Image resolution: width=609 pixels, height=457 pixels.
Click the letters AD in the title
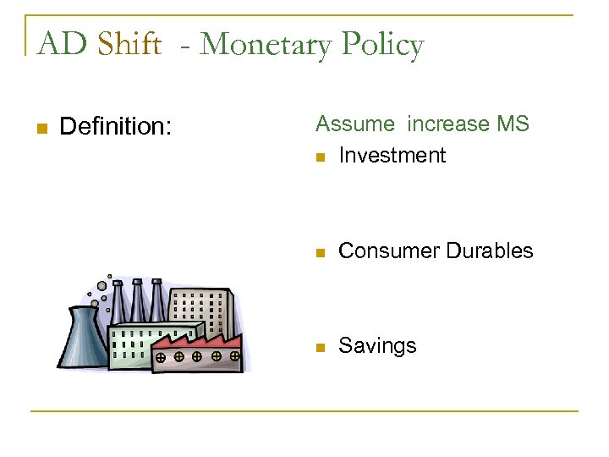[x=59, y=43]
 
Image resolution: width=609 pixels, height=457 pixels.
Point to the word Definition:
[x=116, y=128]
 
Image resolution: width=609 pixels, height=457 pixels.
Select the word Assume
[x=354, y=124]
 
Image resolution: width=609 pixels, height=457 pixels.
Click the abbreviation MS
[x=513, y=124]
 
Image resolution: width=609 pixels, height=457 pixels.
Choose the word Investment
[x=392, y=156]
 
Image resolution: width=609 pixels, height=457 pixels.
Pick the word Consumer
[x=382, y=251]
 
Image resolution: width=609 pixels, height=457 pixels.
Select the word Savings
[x=377, y=346]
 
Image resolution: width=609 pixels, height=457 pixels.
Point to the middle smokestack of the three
[x=138, y=300]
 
